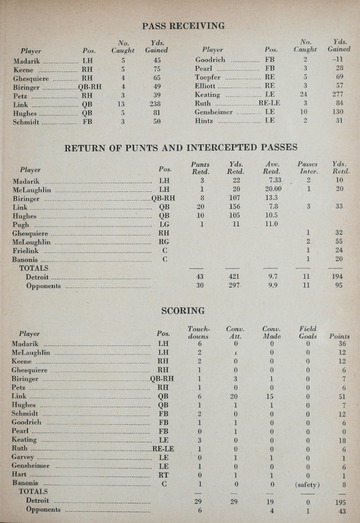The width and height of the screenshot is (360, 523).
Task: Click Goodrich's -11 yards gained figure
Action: click(338, 59)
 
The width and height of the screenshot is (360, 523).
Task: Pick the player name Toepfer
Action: click(203, 76)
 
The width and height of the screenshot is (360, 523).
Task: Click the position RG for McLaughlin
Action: click(163, 241)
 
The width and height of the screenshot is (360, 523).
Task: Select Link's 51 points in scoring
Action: click(341, 396)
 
